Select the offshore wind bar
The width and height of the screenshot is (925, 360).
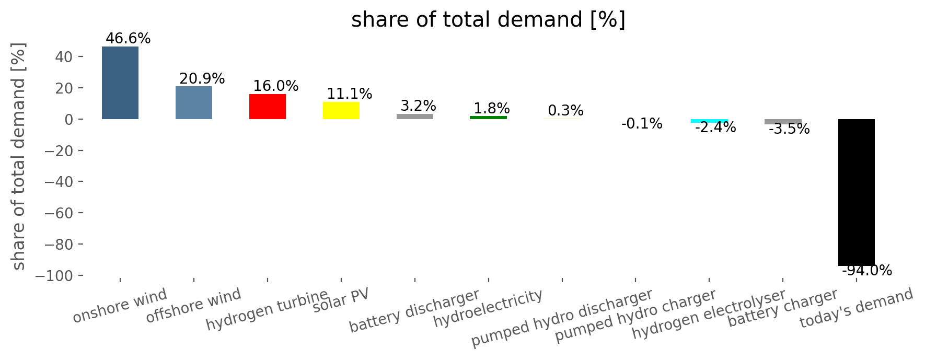tap(194, 103)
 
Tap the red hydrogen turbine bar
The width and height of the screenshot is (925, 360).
tap(268, 107)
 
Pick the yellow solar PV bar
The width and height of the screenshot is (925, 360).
tap(341, 111)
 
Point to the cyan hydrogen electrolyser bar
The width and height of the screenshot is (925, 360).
tap(709, 121)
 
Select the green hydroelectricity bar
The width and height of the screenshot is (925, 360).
tap(489, 118)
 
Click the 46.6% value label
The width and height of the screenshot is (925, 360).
tap(128, 39)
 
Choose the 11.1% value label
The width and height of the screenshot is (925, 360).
tap(350, 94)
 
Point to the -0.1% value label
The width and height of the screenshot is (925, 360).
tap(642, 124)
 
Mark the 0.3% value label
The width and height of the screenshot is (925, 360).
tap(565, 111)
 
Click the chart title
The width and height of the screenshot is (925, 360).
tap(488, 20)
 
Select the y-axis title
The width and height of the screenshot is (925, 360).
tap(18, 157)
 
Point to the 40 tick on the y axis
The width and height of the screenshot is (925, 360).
tap(63, 57)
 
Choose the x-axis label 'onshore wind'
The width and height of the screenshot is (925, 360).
tap(120, 306)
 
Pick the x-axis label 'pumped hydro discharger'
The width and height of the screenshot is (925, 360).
tap(562, 318)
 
